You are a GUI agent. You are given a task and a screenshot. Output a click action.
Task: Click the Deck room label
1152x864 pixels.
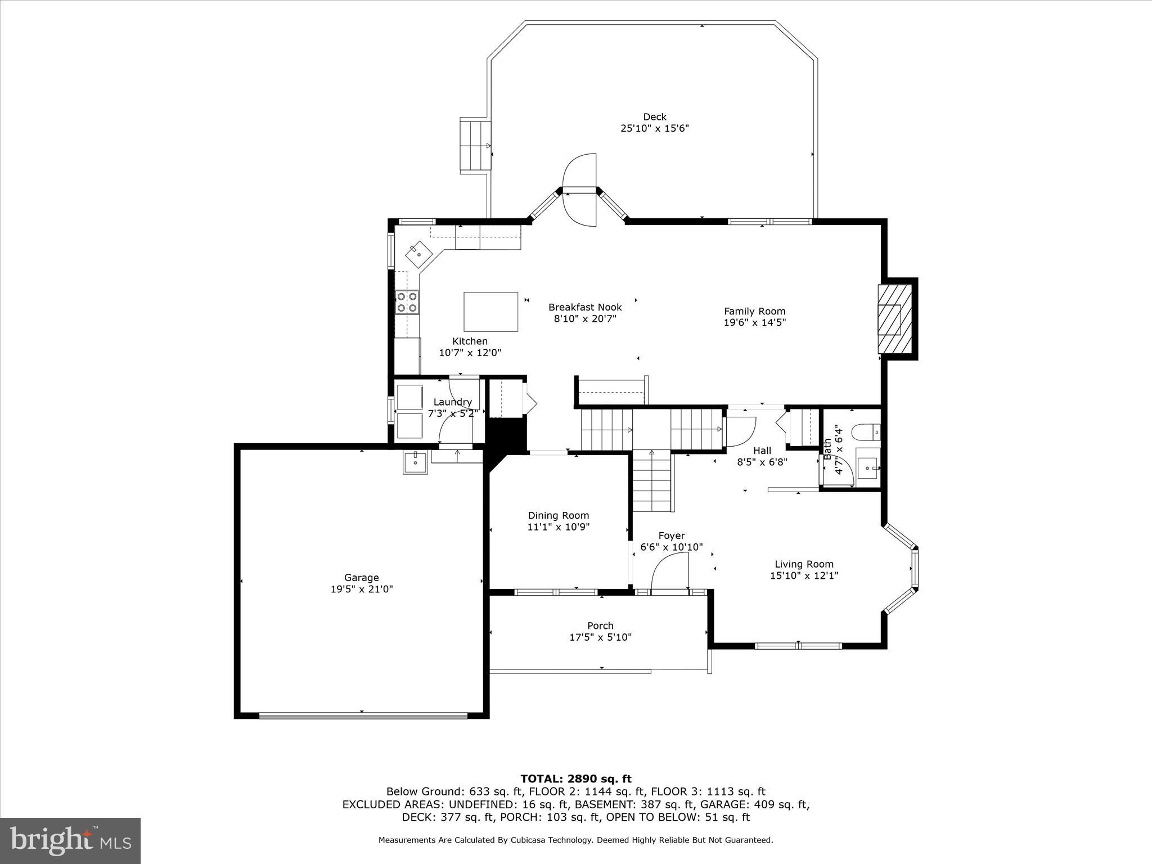coord(654,117)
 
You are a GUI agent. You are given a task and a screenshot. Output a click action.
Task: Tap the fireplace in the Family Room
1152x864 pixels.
coord(894,319)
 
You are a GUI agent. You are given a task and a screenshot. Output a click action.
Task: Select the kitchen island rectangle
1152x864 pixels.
coord(490,312)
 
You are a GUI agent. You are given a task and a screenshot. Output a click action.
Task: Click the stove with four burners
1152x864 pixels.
coord(407,302)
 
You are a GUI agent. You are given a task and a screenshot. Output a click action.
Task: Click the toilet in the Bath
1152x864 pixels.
coord(866,432)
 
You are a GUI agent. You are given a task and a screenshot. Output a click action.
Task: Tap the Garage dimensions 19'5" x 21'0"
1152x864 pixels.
coord(361,589)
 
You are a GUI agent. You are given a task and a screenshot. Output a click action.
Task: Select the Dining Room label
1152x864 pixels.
coord(558,515)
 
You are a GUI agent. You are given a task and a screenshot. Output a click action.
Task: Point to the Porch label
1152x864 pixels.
coord(600,625)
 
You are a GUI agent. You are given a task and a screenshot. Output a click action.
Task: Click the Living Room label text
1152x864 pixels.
coord(804,564)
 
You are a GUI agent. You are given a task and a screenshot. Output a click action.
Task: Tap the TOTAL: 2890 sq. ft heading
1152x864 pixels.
coord(575,779)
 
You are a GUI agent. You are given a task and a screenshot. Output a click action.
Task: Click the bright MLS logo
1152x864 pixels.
coord(70,840)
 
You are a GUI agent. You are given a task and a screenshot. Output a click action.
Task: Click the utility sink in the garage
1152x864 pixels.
coord(415,462)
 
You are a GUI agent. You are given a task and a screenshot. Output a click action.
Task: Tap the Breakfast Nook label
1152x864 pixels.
coord(585,307)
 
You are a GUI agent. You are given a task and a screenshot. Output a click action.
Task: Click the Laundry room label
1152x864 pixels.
coord(452,402)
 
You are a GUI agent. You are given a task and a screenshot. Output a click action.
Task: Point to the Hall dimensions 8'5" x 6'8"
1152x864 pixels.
coord(762,462)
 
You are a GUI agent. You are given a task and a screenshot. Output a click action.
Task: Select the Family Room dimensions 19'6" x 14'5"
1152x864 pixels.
coord(754,323)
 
